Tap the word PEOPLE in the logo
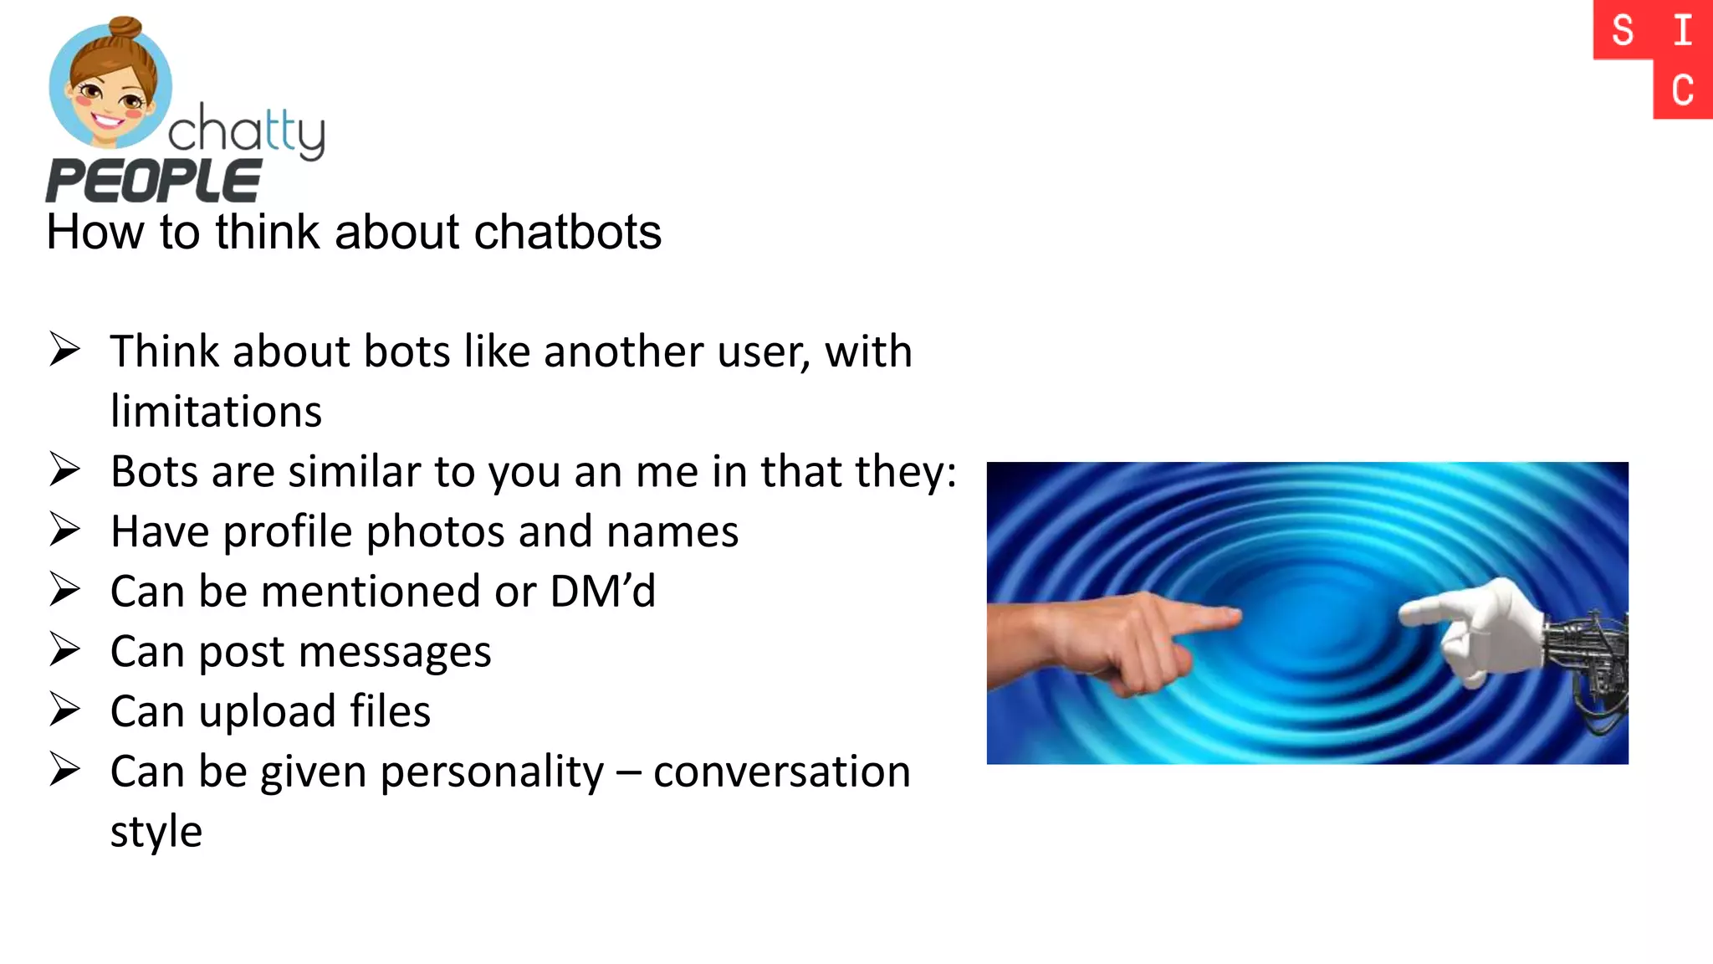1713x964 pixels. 153,181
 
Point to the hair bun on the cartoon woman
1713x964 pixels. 126,30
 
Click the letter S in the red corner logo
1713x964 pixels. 1623,31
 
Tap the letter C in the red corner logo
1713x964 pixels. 1683,90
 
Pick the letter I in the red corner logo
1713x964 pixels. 1683,31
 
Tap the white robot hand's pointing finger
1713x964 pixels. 1422,613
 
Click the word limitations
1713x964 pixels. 216,412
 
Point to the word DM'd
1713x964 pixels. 602,592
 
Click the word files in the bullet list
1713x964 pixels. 390,711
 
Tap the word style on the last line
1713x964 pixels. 156,832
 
